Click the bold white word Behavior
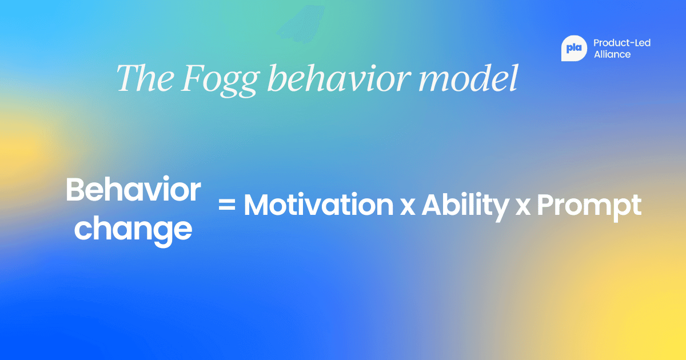[133, 190]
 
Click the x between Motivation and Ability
[407, 207]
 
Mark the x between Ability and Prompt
[523, 207]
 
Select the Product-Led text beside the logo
[622, 43]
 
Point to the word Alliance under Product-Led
[612, 54]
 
